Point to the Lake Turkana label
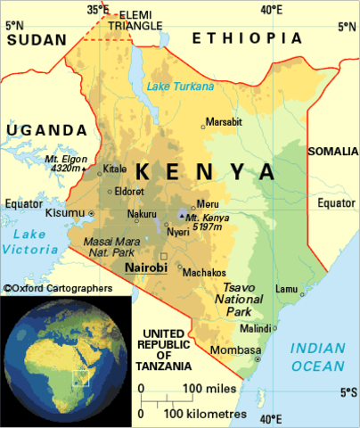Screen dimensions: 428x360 click(182, 86)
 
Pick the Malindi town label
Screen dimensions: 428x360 click(259, 327)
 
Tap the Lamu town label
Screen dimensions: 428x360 click(287, 289)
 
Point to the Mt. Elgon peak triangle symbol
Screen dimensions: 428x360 click(85, 167)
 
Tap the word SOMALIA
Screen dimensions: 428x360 click(331, 152)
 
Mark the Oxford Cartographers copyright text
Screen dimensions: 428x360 click(57, 288)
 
